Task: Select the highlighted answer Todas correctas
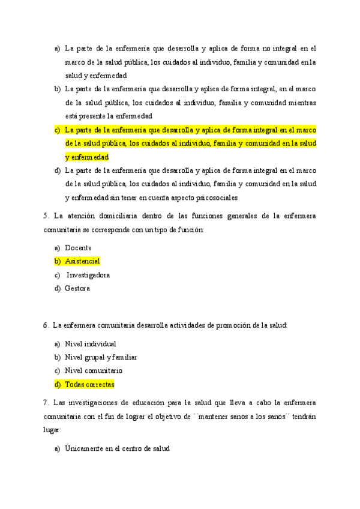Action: point(89,384)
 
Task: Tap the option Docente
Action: point(78,247)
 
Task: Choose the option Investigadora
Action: point(88,275)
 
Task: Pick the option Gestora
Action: point(77,289)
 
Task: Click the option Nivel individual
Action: point(90,344)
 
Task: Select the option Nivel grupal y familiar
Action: point(101,357)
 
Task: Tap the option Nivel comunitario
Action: point(93,371)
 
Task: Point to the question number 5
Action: point(46,215)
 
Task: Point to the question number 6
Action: point(46,325)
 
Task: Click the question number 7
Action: point(46,402)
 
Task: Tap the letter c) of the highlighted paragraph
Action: point(57,130)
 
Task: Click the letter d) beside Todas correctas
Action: point(58,384)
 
